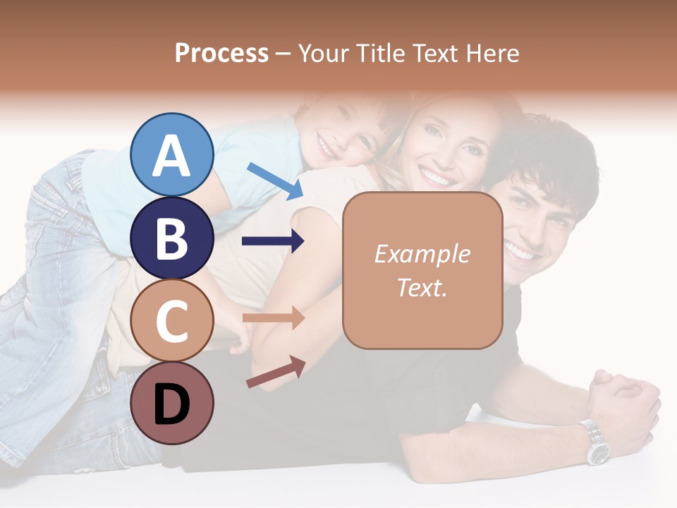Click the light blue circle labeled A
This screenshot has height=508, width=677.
(x=171, y=155)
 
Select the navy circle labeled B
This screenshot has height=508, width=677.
(x=171, y=238)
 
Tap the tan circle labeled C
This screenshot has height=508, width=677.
(x=171, y=321)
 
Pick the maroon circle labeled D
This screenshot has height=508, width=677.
(x=171, y=404)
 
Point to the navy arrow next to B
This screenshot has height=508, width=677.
(x=273, y=241)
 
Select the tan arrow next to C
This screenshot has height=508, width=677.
(x=273, y=318)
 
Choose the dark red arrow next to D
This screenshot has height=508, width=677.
(x=276, y=372)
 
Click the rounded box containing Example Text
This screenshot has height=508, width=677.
(x=422, y=270)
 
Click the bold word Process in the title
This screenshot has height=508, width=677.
(x=221, y=53)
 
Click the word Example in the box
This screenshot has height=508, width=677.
(x=422, y=254)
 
